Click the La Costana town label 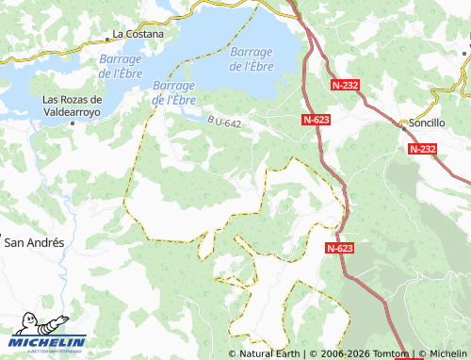pyautogui.click(x=138, y=34)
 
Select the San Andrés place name pyautogui.click(x=35, y=242)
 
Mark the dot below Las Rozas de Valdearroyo pyautogui.click(x=73, y=123)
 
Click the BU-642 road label pyautogui.click(x=230, y=122)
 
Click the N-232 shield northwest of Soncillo pyautogui.click(x=346, y=85)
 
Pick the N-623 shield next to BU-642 pyautogui.click(x=316, y=120)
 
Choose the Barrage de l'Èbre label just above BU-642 pyautogui.click(x=172, y=92)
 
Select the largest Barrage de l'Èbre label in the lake pyautogui.click(x=252, y=58)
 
